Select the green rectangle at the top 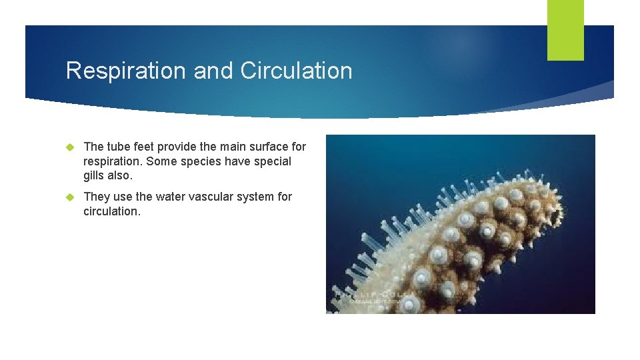(x=565, y=30)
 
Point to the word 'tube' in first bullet (x=118, y=147)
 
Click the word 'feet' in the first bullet (x=144, y=147)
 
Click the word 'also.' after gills (x=121, y=177)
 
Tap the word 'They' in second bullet (x=97, y=197)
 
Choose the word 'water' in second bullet (x=171, y=197)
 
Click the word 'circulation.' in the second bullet (x=112, y=212)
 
